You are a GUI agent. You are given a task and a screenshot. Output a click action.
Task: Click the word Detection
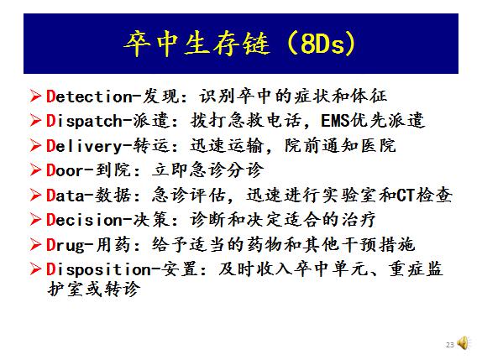[x=89, y=97]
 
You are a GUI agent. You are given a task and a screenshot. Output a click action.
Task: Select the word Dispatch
[x=84, y=122]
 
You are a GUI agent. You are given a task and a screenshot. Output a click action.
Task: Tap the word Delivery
[x=84, y=146]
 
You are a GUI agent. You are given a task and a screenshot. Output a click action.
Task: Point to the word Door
[x=65, y=170]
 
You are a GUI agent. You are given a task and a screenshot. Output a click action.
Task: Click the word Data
[x=65, y=196]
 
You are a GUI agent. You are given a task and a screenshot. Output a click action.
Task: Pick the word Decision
[x=84, y=220]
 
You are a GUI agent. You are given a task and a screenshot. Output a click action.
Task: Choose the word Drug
[x=65, y=246]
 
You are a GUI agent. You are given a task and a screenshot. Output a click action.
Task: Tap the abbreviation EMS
[x=335, y=121]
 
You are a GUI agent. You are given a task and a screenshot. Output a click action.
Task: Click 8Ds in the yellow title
[x=322, y=44]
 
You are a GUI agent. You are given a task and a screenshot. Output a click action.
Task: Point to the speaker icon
[x=463, y=343]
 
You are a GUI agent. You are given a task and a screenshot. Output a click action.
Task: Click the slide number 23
[x=450, y=345]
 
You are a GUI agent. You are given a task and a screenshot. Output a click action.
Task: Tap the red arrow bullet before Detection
[x=35, y=97]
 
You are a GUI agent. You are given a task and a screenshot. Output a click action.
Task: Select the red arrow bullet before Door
[x=35, y=170]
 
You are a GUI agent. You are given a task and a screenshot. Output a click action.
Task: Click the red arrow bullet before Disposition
[x=35, y=269]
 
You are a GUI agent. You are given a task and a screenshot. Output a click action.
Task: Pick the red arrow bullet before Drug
[x=35, y=245]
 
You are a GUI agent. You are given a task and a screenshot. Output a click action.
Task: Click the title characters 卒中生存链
[x=197, y=44]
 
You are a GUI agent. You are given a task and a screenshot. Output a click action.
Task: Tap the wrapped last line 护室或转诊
[x=94, y=289]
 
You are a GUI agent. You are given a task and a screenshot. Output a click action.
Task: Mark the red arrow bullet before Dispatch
[x=35, y=120]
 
